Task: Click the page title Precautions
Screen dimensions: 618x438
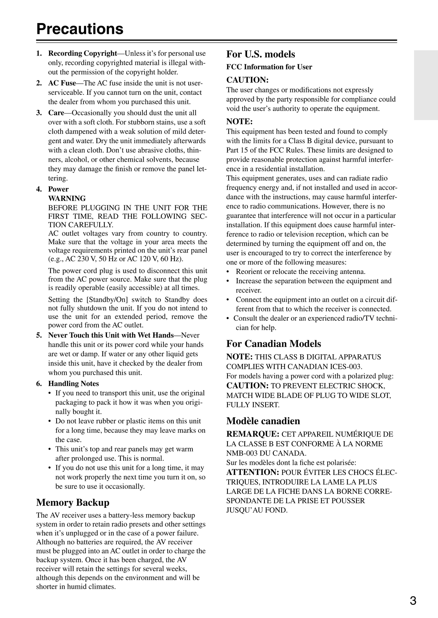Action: coord(80,29)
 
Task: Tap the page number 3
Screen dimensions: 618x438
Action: coord(413,600)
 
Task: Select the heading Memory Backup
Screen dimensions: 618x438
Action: coord(73,503)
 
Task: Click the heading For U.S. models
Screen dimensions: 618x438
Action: coord(260,54)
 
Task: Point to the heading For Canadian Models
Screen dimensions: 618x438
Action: coord(273,344)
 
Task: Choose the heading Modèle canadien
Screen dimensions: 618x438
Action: coord(263,421)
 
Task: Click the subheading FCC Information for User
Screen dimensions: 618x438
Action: coord(269,67)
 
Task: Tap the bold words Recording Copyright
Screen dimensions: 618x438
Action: coord(82,54)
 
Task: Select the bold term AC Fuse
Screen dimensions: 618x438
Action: coord(62,83)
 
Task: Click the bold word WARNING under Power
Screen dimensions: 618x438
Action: coord(67,199)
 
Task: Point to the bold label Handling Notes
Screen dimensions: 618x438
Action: coord(73,384)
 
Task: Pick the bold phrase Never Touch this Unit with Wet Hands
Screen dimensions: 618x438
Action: coord(111,335)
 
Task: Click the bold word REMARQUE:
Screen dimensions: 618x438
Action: coord(252,434)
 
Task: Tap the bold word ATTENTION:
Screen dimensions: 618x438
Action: coord(252,472)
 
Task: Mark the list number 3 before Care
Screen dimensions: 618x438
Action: coord(38,113)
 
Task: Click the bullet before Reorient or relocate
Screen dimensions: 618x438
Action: coord(228,272)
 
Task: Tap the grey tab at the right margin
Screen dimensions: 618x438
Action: coord(426,85)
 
